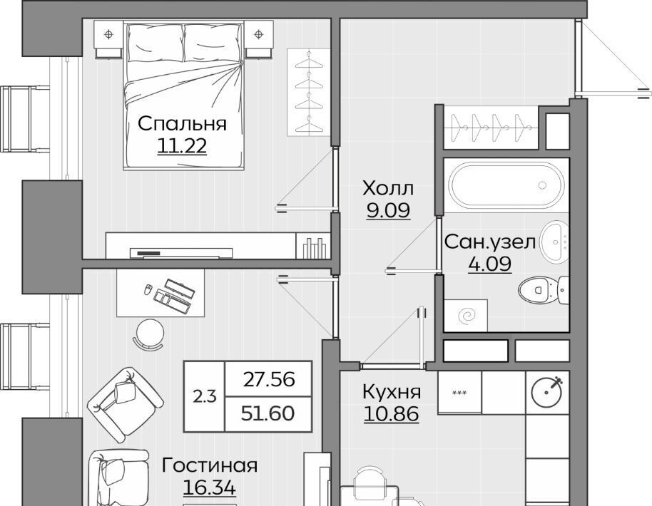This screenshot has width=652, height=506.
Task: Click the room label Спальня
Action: (x=182, y=124)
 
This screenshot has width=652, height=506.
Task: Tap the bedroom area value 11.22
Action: (x=182, y=146)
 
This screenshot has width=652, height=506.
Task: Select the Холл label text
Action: (x=388, y=188)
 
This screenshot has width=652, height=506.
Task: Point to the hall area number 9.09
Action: (x=388, y=210)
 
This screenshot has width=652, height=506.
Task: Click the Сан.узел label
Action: (x=490, y=242)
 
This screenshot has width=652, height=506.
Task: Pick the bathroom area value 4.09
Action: (x=490, y=264)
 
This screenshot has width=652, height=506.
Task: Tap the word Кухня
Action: (x=392, y=392)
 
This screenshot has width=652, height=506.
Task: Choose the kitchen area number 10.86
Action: (x=392, y=414)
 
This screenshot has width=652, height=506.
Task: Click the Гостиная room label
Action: (x=210, y=465)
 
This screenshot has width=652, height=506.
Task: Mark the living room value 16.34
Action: (x=210, y=487)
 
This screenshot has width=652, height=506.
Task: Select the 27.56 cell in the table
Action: (x=269, y=379)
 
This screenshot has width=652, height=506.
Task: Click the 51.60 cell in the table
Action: (x=269, y=414)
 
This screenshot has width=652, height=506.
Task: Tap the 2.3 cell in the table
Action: (x=205, y=397)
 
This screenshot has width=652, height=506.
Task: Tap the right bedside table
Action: (x=259, y=38)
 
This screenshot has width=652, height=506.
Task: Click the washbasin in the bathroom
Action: (x=555, y=242)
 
